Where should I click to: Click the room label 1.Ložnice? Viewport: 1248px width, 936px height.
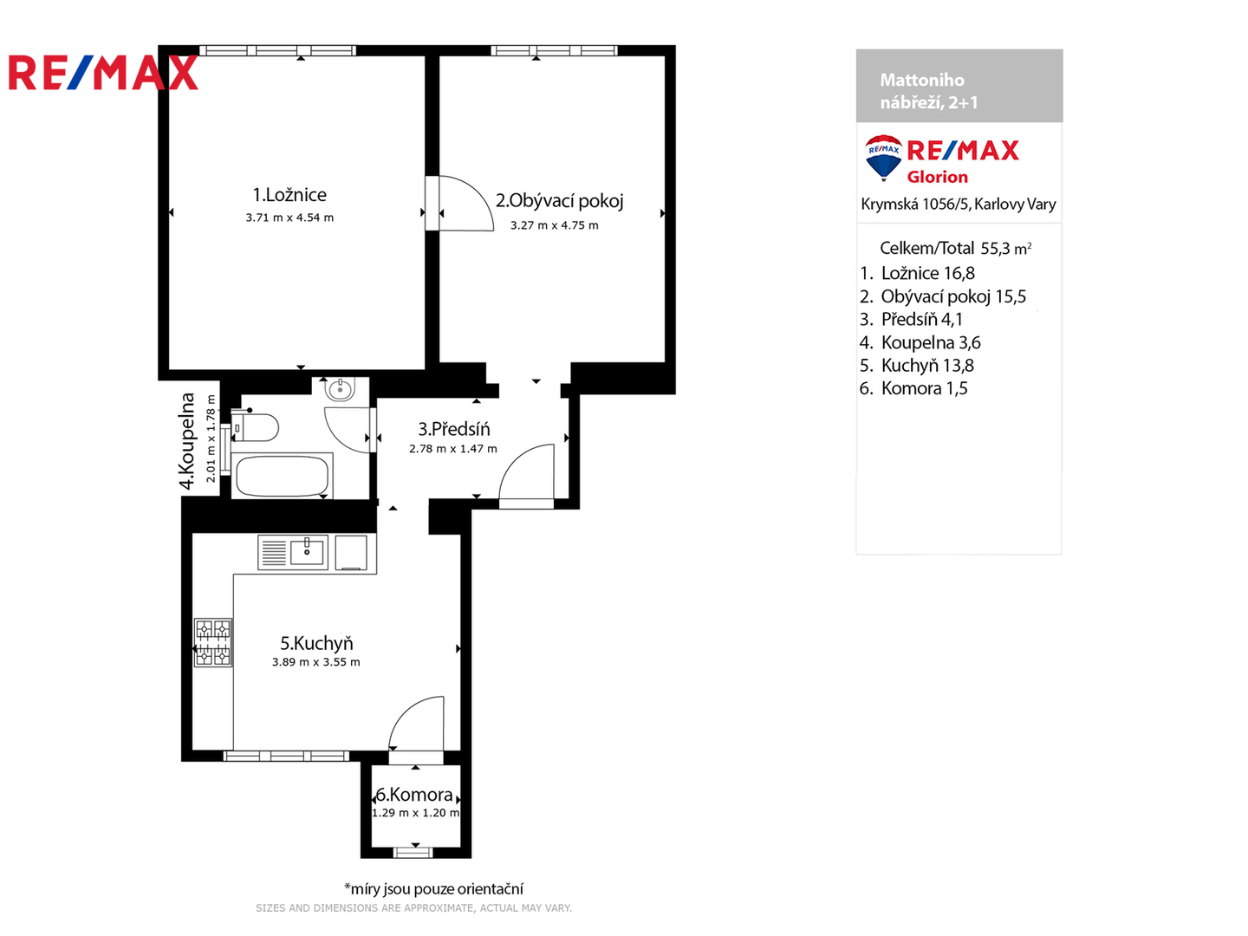289,195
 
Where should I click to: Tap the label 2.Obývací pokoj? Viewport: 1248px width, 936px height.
559,201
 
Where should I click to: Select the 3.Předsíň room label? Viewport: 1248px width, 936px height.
453,429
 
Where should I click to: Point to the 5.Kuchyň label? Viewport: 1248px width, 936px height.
316,643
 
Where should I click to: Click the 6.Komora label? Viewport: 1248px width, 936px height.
414,795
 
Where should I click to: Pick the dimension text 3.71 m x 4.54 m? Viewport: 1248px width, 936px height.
289,218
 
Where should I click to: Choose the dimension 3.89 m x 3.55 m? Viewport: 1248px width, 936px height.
316,662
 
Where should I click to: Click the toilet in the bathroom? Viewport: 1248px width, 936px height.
257,427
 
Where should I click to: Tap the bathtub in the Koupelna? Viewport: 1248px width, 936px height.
282,476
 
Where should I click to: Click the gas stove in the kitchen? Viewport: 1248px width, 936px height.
213,642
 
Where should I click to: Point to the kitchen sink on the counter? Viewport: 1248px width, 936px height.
306,551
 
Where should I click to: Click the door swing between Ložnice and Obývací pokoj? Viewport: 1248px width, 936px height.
465,205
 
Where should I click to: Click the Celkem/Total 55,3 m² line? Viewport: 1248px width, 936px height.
955,249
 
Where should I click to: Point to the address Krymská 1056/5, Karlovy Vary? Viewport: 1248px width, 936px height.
958,205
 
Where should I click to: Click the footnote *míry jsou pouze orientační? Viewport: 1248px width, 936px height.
433,888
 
